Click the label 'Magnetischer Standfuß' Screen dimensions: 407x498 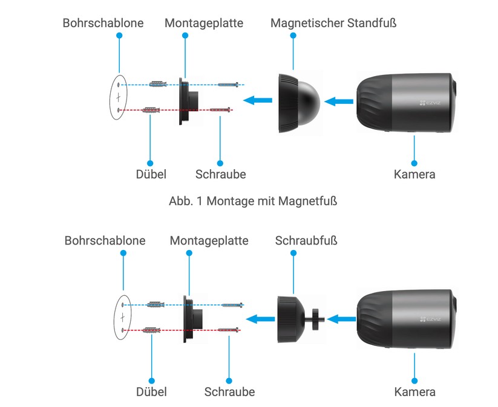coord(333,23)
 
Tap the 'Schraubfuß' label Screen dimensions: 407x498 coord(306,240)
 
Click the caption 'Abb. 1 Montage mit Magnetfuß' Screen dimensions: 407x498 coord(252,201)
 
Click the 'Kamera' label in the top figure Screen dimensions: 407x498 coord(414,175)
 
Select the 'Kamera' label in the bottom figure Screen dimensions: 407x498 coord(414,392)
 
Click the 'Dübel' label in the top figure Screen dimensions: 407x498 coord(151,175)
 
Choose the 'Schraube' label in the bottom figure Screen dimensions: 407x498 coord(229,392)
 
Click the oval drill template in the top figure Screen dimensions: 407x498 coord(119,97)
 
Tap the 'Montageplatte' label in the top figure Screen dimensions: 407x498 coord(204,23)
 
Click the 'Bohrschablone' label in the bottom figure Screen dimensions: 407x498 coord(105,240)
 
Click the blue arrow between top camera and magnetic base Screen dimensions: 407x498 coord(339,101)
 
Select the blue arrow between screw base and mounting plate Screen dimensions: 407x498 coord(262,318)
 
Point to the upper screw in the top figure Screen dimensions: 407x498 coord(230,85)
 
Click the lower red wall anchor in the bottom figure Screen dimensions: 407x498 coord(152,330)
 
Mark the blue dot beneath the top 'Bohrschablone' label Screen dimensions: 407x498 coord(119,36)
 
